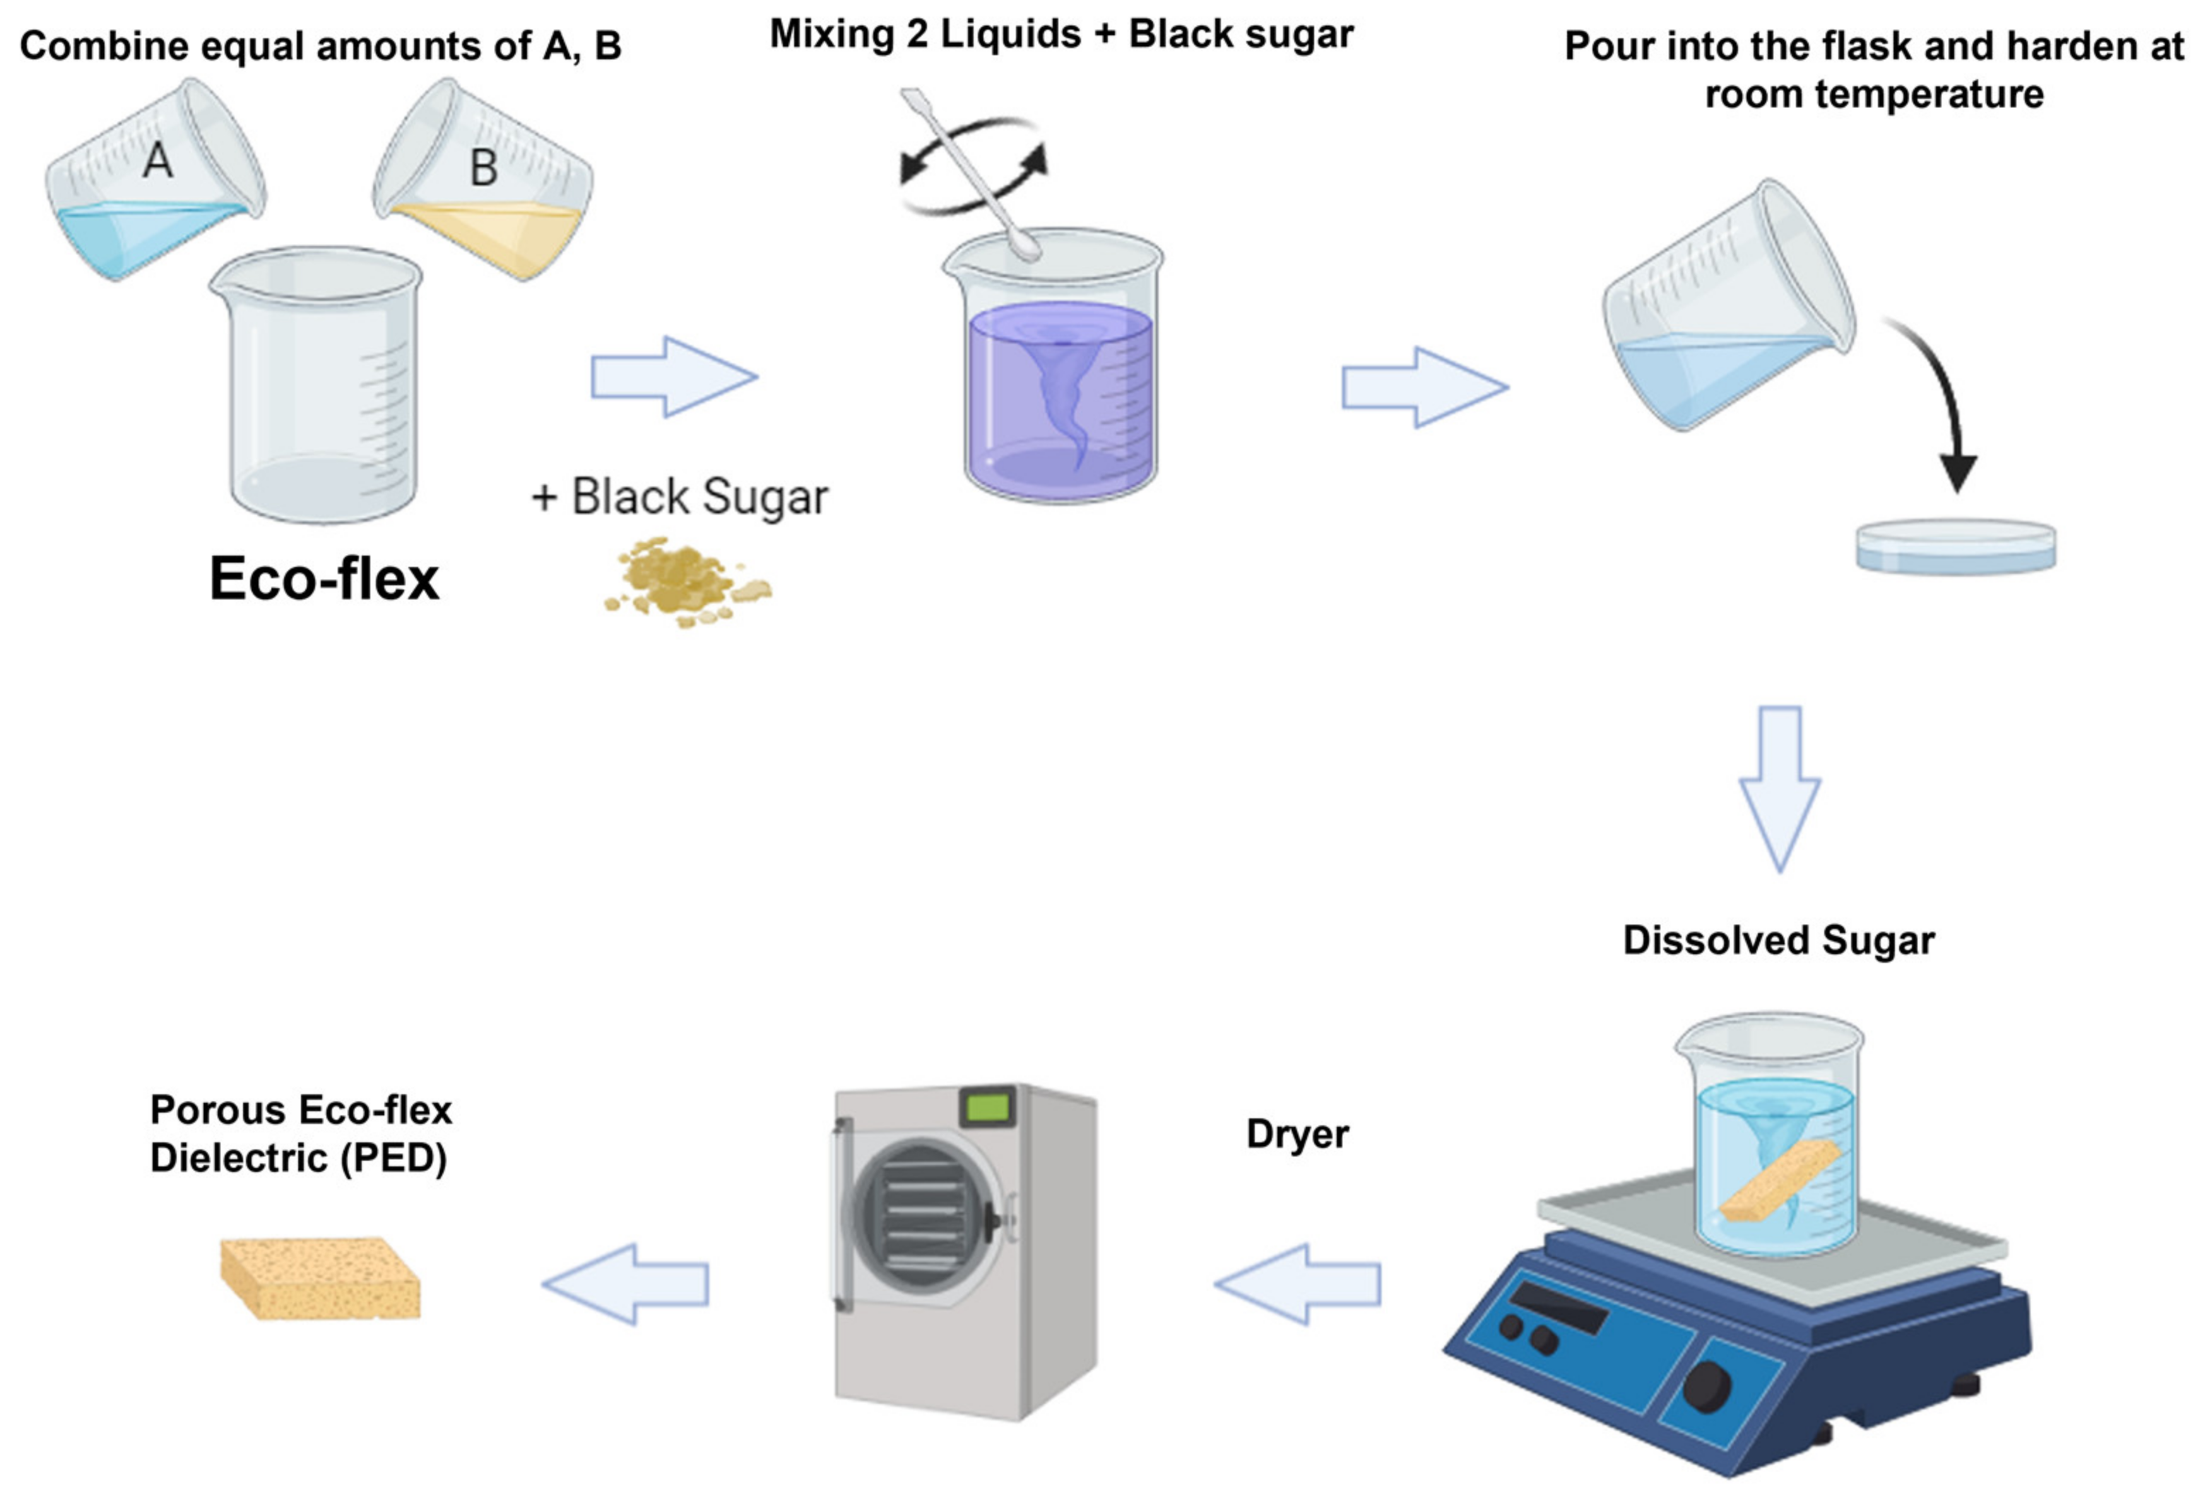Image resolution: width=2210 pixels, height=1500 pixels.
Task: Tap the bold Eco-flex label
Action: point(324,578)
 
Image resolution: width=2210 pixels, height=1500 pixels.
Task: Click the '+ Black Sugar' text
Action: point(680,496)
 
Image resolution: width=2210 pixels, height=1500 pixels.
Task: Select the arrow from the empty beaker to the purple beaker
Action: point(673,377)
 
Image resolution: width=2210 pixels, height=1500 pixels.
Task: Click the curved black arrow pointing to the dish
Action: point(1940,399)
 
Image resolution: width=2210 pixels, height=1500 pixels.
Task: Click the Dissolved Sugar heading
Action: point(1778,939)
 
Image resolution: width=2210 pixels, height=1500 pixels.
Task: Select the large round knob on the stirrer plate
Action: point(1706,1386)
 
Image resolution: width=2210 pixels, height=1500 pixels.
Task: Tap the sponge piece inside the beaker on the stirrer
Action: point(1779,1180)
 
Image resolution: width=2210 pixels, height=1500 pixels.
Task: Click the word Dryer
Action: point(1297,1134)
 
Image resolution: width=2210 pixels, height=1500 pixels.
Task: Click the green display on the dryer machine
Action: point(988,1106)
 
